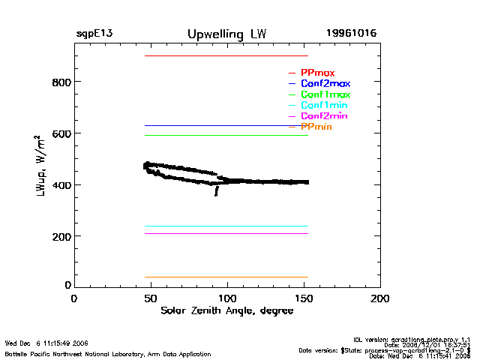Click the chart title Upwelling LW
click(x=226, y=34)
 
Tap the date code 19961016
click(x=351, y=34)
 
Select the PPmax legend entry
click(x=317, y=73)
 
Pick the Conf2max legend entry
click(x=325, y=84)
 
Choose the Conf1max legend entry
click(x=325, y=95)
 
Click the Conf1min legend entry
click(x=324, y=106)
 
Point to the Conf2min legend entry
click(x=324, y=117)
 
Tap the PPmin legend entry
click(x=316, y=127)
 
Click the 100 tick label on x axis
click(x=227, y=298)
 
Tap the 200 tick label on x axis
click(x=380, y=298)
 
